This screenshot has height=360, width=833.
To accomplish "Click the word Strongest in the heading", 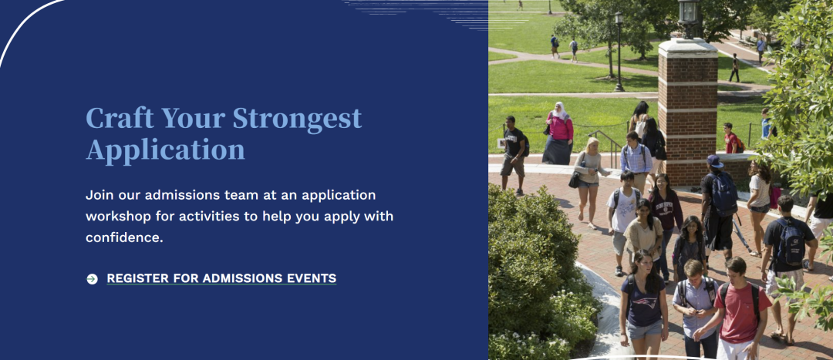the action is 297,119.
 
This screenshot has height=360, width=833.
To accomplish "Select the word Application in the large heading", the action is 165,150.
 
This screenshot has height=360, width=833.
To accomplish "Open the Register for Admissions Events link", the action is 221,278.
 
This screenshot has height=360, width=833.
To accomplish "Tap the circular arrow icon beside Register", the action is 92,279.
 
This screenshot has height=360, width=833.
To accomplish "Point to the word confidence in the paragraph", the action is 124,237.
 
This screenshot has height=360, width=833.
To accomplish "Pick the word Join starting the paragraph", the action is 99,195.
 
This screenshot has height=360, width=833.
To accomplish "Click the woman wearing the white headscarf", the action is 558,133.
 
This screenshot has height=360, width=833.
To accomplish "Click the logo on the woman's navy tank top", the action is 644,303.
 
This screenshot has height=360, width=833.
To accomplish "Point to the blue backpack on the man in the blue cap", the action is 723,193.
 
